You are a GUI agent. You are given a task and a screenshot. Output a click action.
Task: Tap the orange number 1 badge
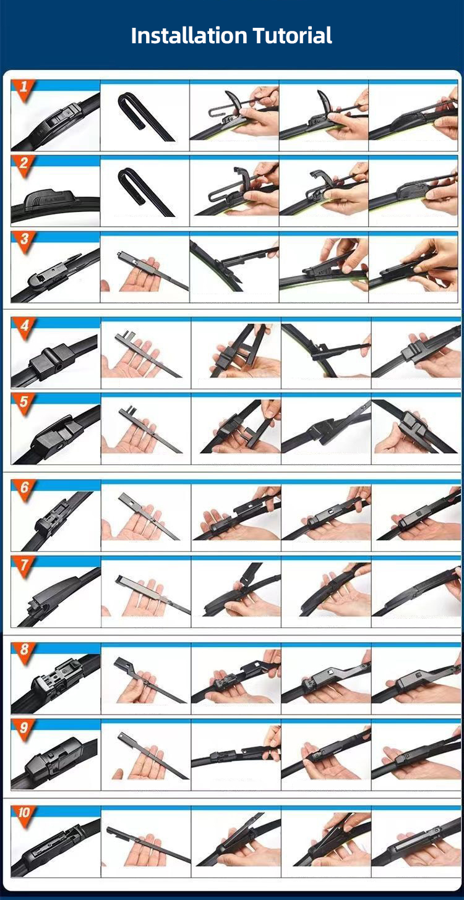point(24,88)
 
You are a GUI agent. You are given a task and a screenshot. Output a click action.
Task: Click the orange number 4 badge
point(24,327)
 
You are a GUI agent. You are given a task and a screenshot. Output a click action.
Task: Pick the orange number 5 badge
point(24,403)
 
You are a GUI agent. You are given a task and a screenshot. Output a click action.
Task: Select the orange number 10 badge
point(24,814)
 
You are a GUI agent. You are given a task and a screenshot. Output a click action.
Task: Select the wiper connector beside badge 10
point(53,850)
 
